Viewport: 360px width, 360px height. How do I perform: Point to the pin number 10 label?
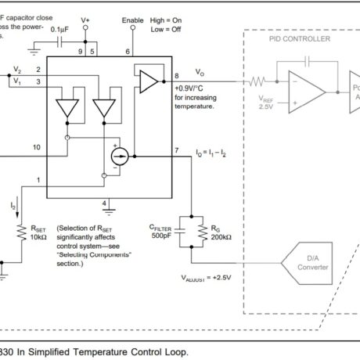pos(36,146)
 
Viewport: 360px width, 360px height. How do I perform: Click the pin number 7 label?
pos(178,149)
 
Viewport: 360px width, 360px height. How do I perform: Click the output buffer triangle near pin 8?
pos(146,79)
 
